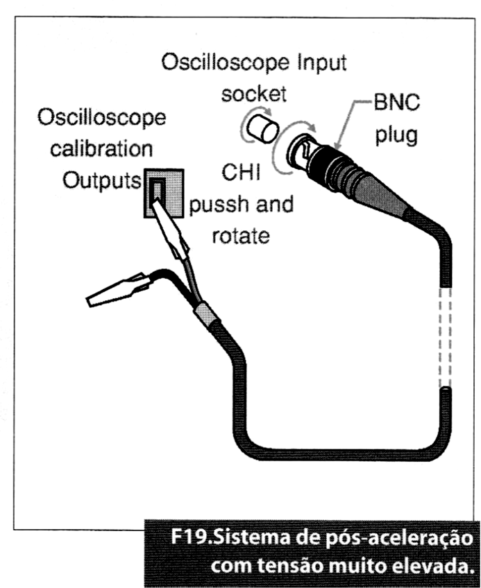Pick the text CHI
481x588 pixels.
[242, 173]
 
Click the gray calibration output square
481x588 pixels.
[163, 193]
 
